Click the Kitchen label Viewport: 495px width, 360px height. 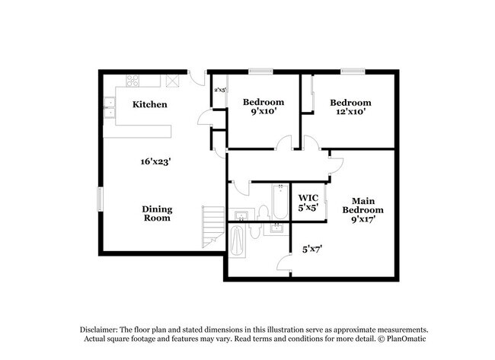[150, 104]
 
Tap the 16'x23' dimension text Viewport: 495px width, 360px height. [155, 161]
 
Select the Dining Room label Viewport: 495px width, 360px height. [156, 214]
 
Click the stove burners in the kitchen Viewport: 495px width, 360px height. [133, 80]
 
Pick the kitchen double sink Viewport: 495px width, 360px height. [111, 107]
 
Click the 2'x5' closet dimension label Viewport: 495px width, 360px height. [220, 90]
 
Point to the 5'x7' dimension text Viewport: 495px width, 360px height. [313, 247]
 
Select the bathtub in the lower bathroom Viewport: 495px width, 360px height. [238, 242]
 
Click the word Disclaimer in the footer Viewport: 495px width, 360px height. [102, 328]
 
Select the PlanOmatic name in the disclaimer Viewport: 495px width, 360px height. [394, 338]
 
